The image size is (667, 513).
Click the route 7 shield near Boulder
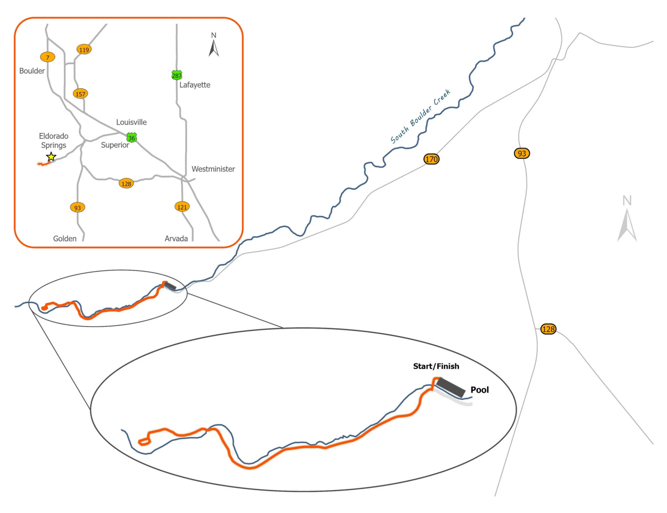48,57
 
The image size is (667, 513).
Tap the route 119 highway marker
84,50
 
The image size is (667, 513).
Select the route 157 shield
80,94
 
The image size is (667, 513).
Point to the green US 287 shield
177,75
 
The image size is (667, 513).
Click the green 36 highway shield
132,138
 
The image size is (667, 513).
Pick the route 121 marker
182,207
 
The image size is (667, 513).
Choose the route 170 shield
431,159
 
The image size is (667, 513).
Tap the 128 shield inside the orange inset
126,184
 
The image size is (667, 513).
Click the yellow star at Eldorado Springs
51,157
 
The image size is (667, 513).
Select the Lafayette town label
195,85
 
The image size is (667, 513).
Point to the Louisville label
131,122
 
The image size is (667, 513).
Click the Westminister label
213,169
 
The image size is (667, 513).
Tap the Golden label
65,239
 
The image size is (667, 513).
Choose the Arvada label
176,239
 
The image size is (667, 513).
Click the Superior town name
115,145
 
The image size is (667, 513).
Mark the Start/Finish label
436,366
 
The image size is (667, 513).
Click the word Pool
480,390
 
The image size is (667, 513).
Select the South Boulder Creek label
421,116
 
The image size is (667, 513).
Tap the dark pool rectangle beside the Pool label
451,388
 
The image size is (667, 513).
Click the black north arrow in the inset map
214,48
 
